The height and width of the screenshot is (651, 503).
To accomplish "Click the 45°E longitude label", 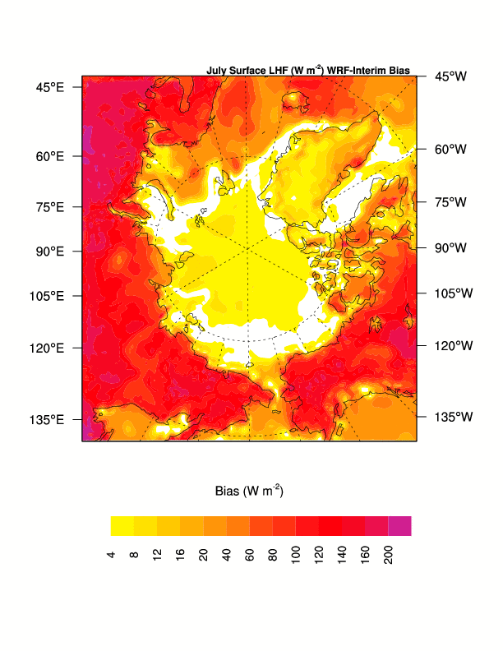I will [49, 87].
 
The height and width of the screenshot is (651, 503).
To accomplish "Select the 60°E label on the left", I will [49, 156].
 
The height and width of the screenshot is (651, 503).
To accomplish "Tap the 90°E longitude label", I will [49, 251].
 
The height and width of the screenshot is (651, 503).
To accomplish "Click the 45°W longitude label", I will [450, 76].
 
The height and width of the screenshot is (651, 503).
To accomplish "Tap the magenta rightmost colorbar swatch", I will [399, 526].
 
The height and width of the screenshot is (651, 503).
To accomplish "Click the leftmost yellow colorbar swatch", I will [122, 526].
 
